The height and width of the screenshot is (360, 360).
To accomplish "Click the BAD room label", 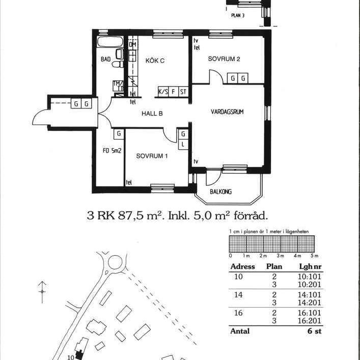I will coord(105,60).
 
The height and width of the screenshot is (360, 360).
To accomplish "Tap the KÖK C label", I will coord(155,61).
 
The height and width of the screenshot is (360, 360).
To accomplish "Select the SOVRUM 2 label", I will coord(224,59).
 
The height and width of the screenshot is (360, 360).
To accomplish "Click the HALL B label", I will coord(152,114).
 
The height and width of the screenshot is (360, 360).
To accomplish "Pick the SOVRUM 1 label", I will coord(152,156).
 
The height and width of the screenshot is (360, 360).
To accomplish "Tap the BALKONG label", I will coord(221,191).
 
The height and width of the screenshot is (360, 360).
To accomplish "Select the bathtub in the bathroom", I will coord(109,42).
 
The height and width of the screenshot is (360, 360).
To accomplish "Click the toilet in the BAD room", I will coord(118,65).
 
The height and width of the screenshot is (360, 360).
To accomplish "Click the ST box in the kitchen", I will coord(183,92).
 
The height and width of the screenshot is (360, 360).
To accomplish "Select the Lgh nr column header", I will coord(307,267).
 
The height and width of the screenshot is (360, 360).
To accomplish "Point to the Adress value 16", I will coord(238,313).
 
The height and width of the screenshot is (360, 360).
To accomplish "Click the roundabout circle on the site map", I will coord(115,262).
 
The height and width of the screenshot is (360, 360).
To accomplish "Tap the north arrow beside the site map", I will coord(43,291).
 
